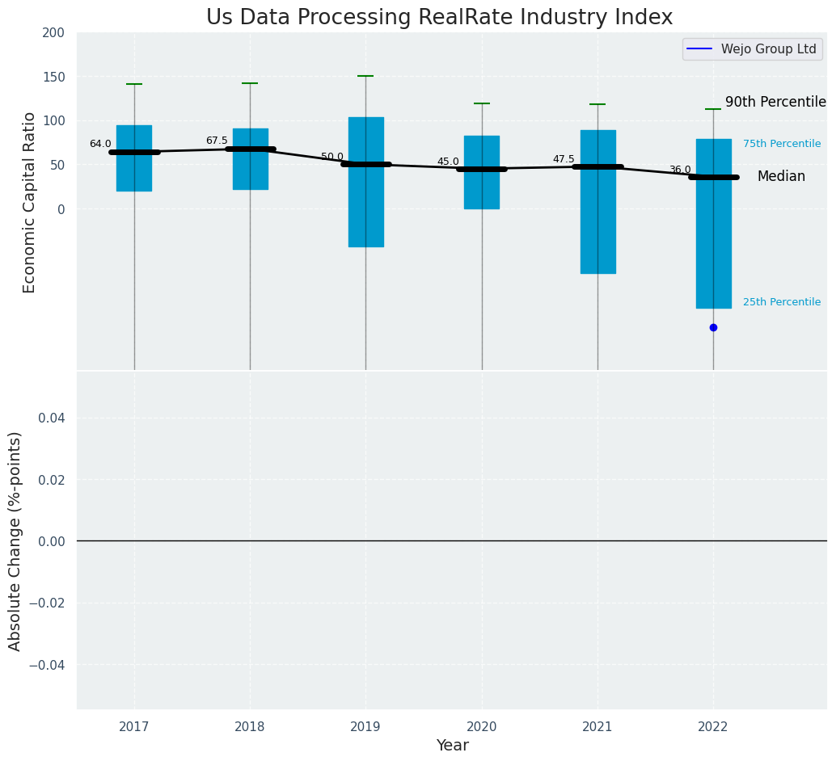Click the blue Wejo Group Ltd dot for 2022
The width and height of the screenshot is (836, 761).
click(x=713, y=327)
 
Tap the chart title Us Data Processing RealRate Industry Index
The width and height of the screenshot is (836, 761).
click(x=439, y=18)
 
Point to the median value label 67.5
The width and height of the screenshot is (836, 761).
click(x=217, y=141)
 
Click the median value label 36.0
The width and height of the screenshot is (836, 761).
click(x=680, y=170)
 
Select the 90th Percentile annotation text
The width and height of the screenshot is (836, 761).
click(x=775, y=102)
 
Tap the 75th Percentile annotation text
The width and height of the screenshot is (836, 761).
click(x=782, y=144)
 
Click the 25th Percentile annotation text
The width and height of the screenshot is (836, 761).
click(x=782, y=302)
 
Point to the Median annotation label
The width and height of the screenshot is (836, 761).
click(x=781, y=176)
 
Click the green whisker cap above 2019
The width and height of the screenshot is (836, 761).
click(x=365, y=76)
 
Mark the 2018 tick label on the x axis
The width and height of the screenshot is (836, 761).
click(x=250, y=727)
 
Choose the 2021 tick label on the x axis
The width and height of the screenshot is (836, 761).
click(x=597, y=727)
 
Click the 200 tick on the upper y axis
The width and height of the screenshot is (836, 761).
click(x=53, y=33)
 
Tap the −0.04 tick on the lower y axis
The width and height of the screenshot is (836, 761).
click(x=48, y=665)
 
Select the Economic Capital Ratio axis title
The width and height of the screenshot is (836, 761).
click(x=30, y=202)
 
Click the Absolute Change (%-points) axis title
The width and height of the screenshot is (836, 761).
click(x=15, y=540)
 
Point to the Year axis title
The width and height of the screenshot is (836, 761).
click(x=452, y=746)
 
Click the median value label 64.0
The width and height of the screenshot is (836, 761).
click(x=100, y=144)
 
